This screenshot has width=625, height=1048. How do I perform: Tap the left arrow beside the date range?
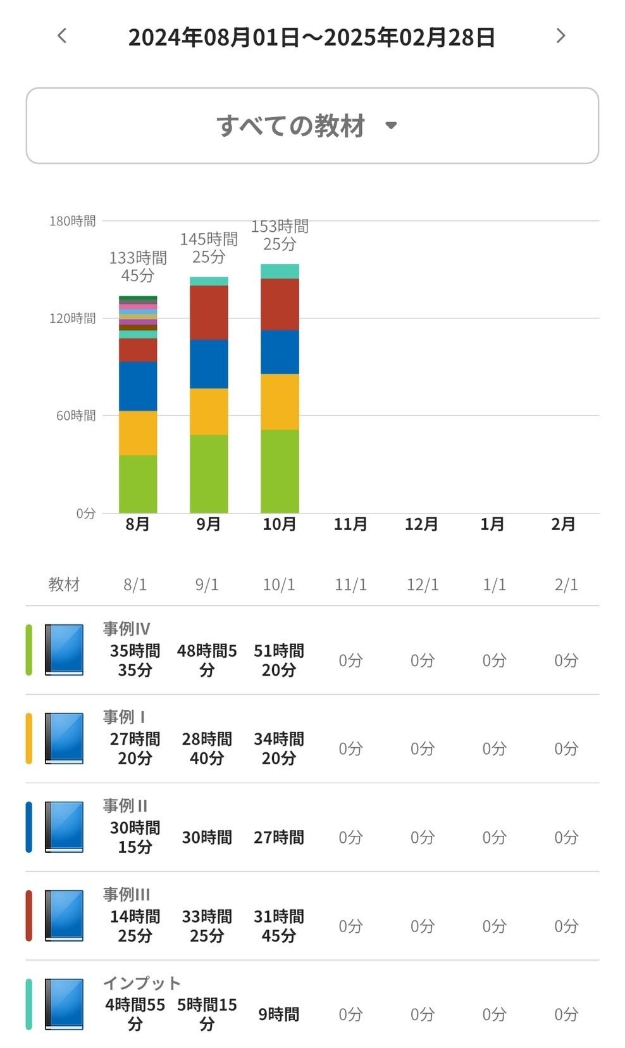click(62, 36)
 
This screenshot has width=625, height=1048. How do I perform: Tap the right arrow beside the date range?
click(560, 36)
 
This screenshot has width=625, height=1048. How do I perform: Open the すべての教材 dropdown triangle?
click(391, 125)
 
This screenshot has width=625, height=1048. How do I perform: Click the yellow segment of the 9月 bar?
click(209, 412)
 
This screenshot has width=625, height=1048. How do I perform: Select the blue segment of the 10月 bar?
click(280, 352)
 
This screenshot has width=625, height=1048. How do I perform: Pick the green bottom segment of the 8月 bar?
click(138, 484)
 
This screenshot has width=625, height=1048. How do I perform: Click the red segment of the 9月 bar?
click(209, 313)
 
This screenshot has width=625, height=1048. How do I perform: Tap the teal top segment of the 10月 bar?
click(280, 272)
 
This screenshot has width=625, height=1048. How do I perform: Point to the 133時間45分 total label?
click(138, 267)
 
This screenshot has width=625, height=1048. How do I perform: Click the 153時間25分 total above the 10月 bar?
click(280, 235)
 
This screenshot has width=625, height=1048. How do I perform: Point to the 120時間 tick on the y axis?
click(73, 319)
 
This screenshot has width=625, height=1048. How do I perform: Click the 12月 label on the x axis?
click(421, 524)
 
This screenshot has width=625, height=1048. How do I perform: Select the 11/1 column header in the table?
click(350, 584)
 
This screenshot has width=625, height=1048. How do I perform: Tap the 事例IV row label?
click(127, 629)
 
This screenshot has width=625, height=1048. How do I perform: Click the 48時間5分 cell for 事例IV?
click(207, 660)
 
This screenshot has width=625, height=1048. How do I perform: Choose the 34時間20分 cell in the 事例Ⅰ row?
click(279, 748)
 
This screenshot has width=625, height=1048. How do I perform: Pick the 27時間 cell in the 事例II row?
click(279, 837)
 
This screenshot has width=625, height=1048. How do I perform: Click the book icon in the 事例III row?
click(64, 916)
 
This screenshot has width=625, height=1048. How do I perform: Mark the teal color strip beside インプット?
click(28, 1004)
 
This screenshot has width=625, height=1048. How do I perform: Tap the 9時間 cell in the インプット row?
click(279, 1014)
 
